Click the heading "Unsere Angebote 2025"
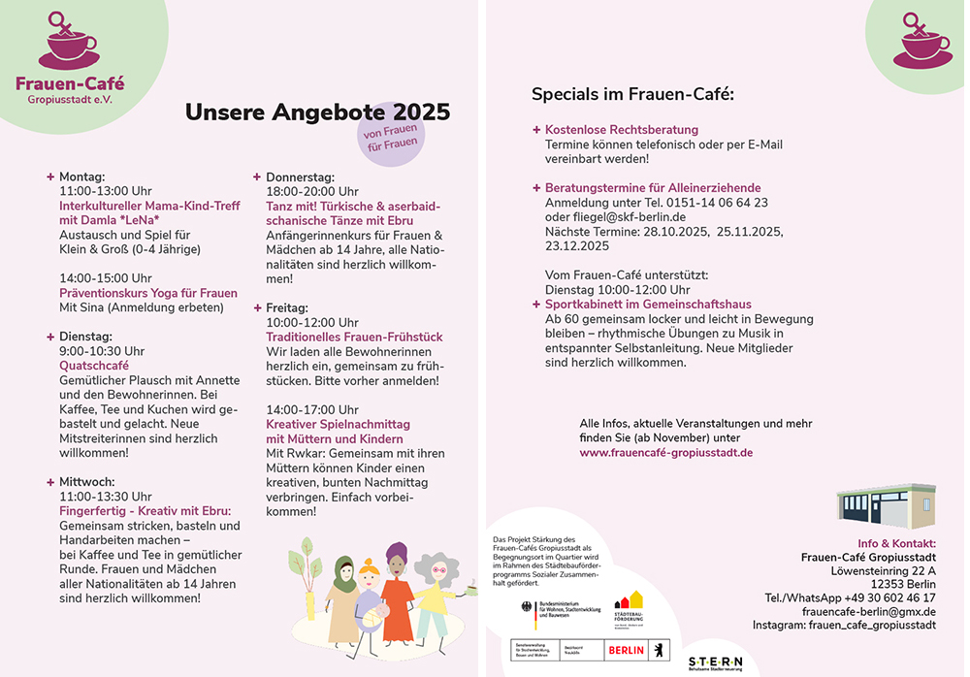pyautogui.click(x=317, y=113)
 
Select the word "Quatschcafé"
pyautogui.click(x=94, y=366)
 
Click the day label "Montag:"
pyautogui.click(x=81, y=177)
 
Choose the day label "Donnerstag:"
pyautogui.click(x=300, y=177)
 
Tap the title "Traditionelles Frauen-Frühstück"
pyautogui.click(x=354, y=337)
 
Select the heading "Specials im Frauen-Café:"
pyautogui.click(x=632, y=94)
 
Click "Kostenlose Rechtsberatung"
pyautogui.click(x=622, y=129)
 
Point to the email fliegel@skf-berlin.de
pyautogui.click(x=629, y=217)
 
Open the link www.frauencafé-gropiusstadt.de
pyautogui.click(x=666, y=452)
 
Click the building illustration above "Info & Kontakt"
pyautogui.click(x=886, y=506)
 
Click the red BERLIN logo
pyautogui.click(x=625, y=651)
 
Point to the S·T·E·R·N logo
pyautogui.click(x=716, y=660)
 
